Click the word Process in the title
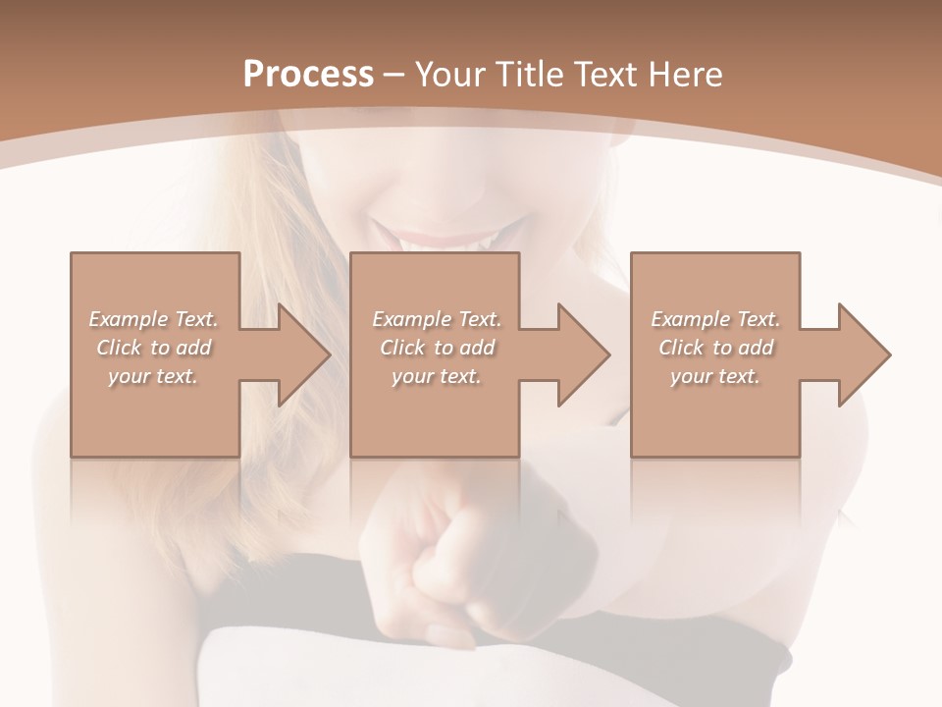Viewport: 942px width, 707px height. tap(308, 75)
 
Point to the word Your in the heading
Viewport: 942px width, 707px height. tap(450, 75)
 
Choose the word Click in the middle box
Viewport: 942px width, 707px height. tap(403, 348)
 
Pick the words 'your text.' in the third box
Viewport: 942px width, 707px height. tap(715, 376)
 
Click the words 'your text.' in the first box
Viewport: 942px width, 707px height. tap(154, 376)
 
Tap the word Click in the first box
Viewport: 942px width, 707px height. tap(119, 348)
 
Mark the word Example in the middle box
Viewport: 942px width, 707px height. tap(409, 319)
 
